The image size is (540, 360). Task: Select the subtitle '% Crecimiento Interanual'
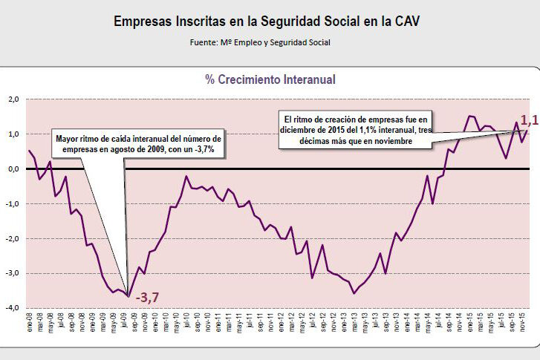[270, 79]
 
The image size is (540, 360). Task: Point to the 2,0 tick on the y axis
[13, 99]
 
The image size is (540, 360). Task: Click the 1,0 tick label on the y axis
[13, 134]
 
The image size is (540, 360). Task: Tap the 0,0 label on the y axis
[13, 169]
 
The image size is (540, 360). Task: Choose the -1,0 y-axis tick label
[13, 204]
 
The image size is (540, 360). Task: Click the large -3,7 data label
[146, 298]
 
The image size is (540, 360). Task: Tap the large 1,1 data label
[528, 120]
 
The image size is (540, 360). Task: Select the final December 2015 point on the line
[527, 131]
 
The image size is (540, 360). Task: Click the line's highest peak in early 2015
[469, 116]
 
